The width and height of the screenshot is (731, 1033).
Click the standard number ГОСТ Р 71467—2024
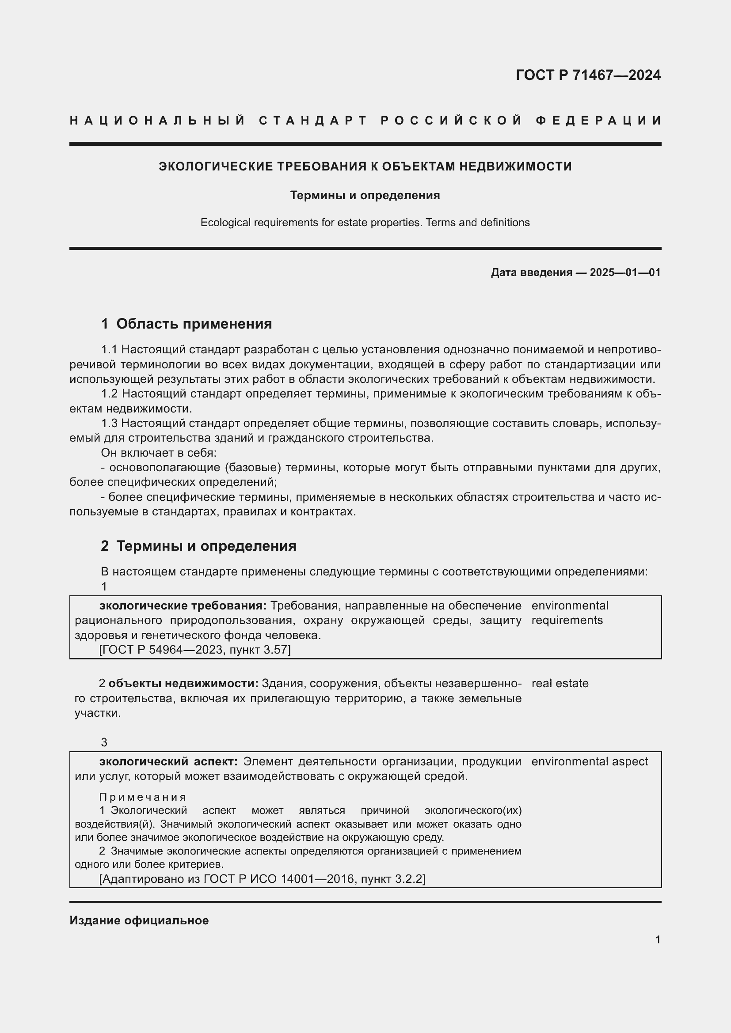click(x=588, y=75)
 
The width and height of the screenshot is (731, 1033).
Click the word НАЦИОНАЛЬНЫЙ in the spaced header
click(x=157, y=121)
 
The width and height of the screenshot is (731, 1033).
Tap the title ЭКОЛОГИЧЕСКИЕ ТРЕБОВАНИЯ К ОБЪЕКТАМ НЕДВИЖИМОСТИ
click(x=365, y=166)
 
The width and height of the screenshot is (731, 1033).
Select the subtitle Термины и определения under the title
click(x=365, y=195)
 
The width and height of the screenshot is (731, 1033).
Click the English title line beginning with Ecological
click(x=365, y=223)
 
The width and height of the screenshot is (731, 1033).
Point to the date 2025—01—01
click(x=625, y=272)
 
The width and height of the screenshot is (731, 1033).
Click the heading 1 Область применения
click(x=187, y=324)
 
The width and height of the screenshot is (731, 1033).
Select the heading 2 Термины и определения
click(x=198, y=546)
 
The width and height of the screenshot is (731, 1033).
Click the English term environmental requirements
click(x=569, y=613)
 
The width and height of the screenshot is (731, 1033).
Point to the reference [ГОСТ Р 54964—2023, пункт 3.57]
click(x=195, y=650)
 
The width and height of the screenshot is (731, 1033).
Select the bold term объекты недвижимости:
click(x=183, y=683)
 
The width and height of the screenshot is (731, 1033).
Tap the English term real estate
click(x=560, y=683)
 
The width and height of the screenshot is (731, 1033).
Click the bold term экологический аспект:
click(x=168, y=761)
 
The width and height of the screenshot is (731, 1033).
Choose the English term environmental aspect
click(x=589, y=761)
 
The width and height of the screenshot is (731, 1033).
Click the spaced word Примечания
click(x=142, y=797)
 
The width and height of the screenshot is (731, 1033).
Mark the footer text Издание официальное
click(x=139, y=920)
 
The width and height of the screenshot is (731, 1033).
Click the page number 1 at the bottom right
click(x=658, y=939)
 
